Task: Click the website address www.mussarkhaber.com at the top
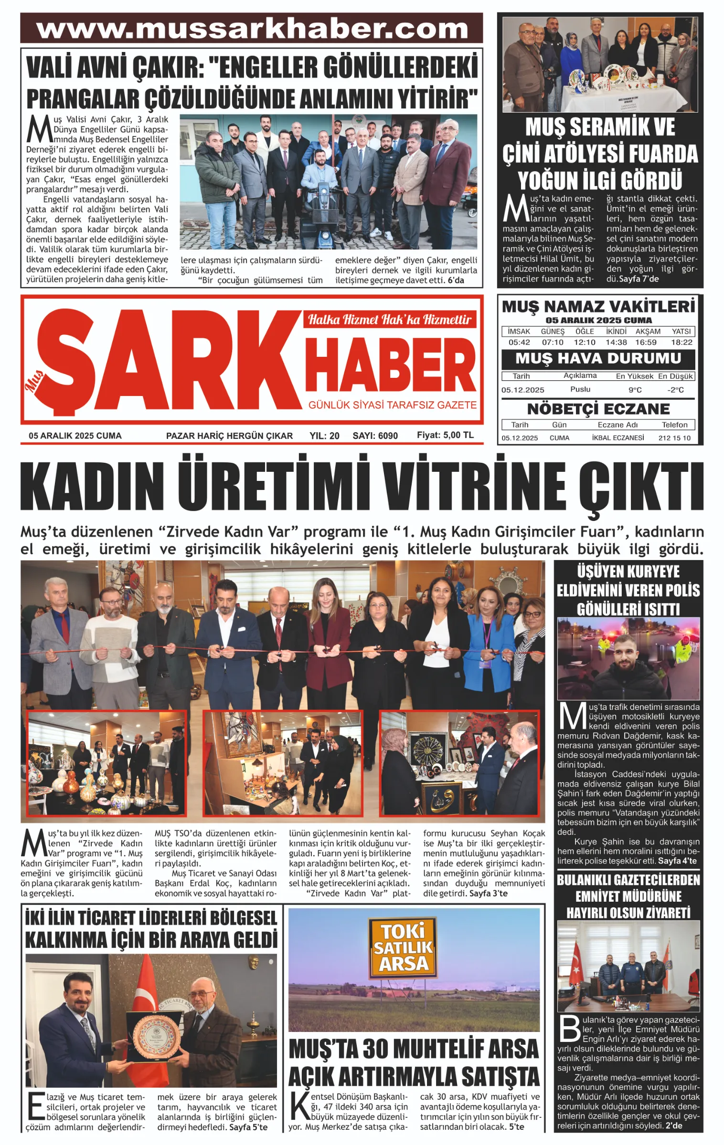[x=252, y=29]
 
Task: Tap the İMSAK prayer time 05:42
[x=519, y=342]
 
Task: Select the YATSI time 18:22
[x=681, y=342]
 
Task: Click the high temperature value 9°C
[x=635, y=390]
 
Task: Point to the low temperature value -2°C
[x=675, y=390]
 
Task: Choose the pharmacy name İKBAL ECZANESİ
[x=618, y=437]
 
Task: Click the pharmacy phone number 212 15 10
[x=674, y=437]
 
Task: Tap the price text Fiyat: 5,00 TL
[x=445, y=435]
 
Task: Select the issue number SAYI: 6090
[x=375, y=436]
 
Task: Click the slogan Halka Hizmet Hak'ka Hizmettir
[x=389, y=319]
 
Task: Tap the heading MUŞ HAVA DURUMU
[x=598, y=358]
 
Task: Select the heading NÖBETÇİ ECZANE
[x=598, y=409]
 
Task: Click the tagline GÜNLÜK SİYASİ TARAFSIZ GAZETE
[x=392, y=405]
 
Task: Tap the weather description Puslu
[x=580, y=389]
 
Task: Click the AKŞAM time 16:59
[x=646, y=342]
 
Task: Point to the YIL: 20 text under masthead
[x=324, y=436]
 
